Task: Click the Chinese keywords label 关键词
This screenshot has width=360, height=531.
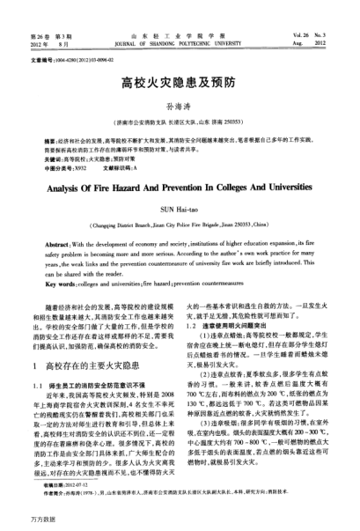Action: (45, 152)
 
